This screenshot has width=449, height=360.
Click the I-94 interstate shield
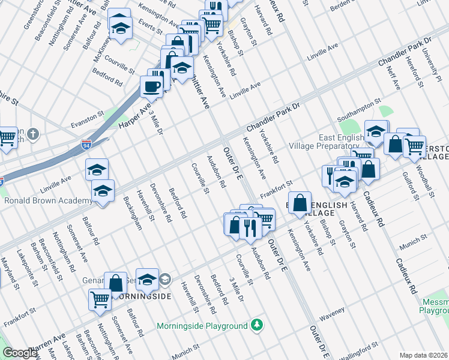(86, 145)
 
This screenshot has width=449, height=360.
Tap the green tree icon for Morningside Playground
(257, 325)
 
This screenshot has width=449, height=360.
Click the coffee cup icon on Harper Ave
(151, 86)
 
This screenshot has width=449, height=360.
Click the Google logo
(20, 353)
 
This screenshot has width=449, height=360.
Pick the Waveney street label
(333, 311)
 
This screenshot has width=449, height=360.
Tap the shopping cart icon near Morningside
(99, 299)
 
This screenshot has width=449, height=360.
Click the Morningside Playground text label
(202, 326)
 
